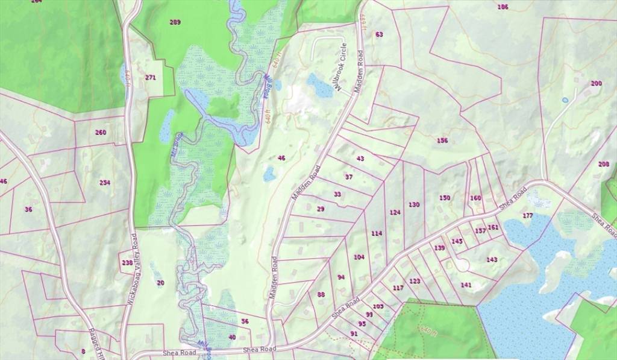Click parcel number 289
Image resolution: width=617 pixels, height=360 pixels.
175,22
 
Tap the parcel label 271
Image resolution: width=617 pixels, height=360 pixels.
151,78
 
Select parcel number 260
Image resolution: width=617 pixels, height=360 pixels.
101,132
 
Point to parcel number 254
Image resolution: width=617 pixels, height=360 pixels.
105,183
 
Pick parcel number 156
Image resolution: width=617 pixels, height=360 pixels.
442,141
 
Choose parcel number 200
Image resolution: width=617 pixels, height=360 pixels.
596,83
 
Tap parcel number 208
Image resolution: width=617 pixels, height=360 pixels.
603,164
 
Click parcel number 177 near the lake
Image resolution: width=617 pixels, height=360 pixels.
528,216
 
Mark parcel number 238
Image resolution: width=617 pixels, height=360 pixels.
127,262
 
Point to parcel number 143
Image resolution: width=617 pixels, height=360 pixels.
492,259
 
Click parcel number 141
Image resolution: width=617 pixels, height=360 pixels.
466,285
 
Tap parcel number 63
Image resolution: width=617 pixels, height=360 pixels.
379,34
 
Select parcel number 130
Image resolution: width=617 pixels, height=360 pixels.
413,205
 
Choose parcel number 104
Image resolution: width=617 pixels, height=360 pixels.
359,257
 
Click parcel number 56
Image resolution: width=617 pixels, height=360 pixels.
245,321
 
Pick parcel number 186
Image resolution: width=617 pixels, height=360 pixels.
503,7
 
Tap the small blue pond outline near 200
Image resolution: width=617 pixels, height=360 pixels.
565,99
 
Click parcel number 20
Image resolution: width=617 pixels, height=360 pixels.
160,283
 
